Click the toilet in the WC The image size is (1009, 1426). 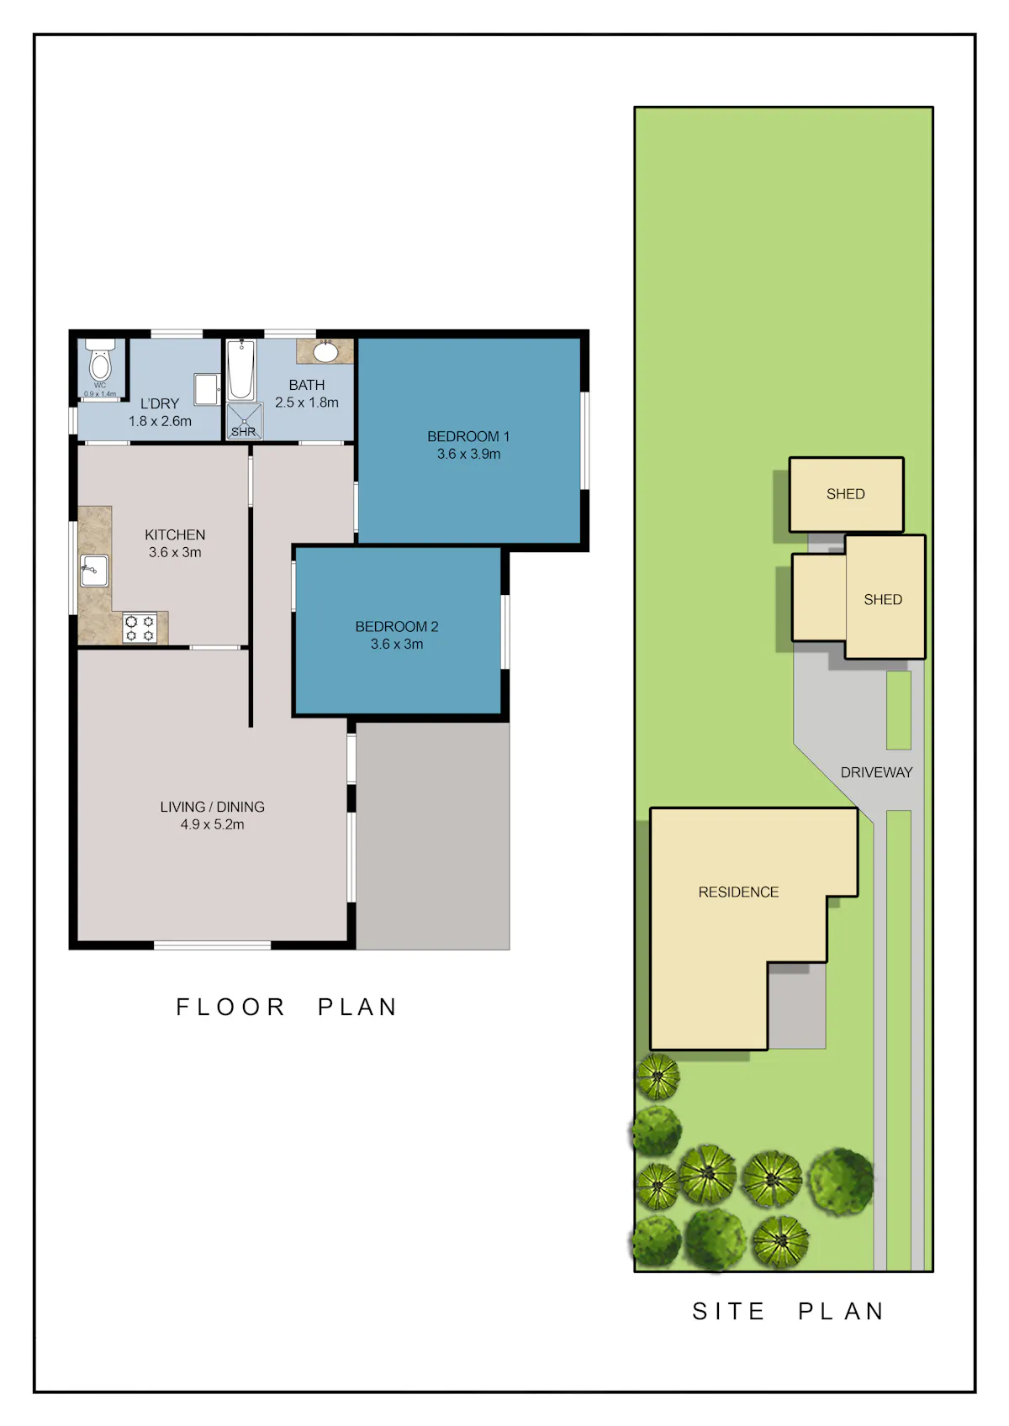coord(100,360)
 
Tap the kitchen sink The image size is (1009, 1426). coord(94,571)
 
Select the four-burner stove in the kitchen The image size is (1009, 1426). coord(140,628)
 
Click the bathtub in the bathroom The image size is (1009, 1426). coord(241,370)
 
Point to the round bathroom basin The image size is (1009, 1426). coord(325,351)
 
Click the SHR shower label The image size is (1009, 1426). coord(243,432)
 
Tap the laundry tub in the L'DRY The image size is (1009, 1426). coord(206,389)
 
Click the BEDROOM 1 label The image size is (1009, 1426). coord(468,437)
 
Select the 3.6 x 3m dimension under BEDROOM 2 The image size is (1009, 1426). coord(397,645)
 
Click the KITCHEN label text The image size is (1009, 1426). coord(175,534)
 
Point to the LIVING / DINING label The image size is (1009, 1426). coord(212,807)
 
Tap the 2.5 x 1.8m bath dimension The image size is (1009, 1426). coord(306,403)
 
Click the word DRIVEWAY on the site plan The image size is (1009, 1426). coord(876,772)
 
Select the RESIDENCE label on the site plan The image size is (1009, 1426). coord(738,892)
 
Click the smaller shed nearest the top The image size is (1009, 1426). coord(846,494)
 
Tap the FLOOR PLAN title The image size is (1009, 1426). coord(287,1007)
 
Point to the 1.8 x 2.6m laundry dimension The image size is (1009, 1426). coord(160,421)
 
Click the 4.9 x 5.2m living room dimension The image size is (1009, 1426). coord(212,824)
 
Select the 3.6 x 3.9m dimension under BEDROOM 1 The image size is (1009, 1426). coord(468,454)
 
